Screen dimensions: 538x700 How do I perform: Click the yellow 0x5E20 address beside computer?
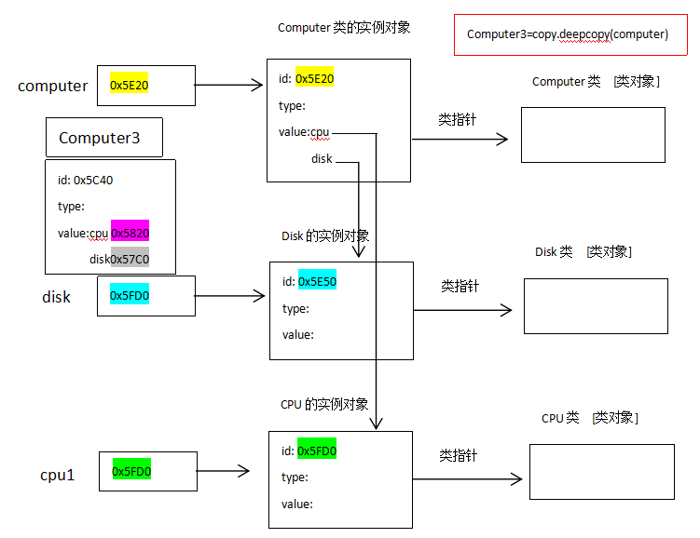(x=129, y=86)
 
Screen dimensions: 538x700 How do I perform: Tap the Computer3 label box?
(x=103, y=138)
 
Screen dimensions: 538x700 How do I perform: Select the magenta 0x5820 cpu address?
(x=130, y=234)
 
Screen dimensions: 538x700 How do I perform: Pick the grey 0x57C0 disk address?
(x=130, y=260)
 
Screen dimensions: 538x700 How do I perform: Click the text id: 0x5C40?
(x=85, y=181)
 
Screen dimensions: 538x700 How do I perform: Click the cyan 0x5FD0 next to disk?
(x=129, y=296)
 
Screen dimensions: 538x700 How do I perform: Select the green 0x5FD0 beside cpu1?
(x=131, y=472)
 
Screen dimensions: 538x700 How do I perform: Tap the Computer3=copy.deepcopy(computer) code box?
(x=568, y=34)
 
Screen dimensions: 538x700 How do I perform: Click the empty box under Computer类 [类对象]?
(x=593, y=135)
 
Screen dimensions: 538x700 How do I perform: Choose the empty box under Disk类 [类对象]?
(x=596, y=306)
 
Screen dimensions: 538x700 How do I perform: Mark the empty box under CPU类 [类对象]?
(x=601, y=472)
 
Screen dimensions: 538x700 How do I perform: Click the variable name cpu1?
(x=58, y=475)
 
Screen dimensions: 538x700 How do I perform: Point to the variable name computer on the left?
(x=53, y=87)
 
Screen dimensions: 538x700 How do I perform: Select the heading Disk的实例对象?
(x=324, y=236)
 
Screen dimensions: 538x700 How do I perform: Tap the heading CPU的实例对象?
(x=324, y=405)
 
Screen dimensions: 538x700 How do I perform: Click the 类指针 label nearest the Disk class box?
(x=460, y=287)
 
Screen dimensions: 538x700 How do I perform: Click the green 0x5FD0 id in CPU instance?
(x=317, y=451)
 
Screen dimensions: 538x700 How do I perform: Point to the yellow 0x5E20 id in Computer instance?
(x=314, y=79)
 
